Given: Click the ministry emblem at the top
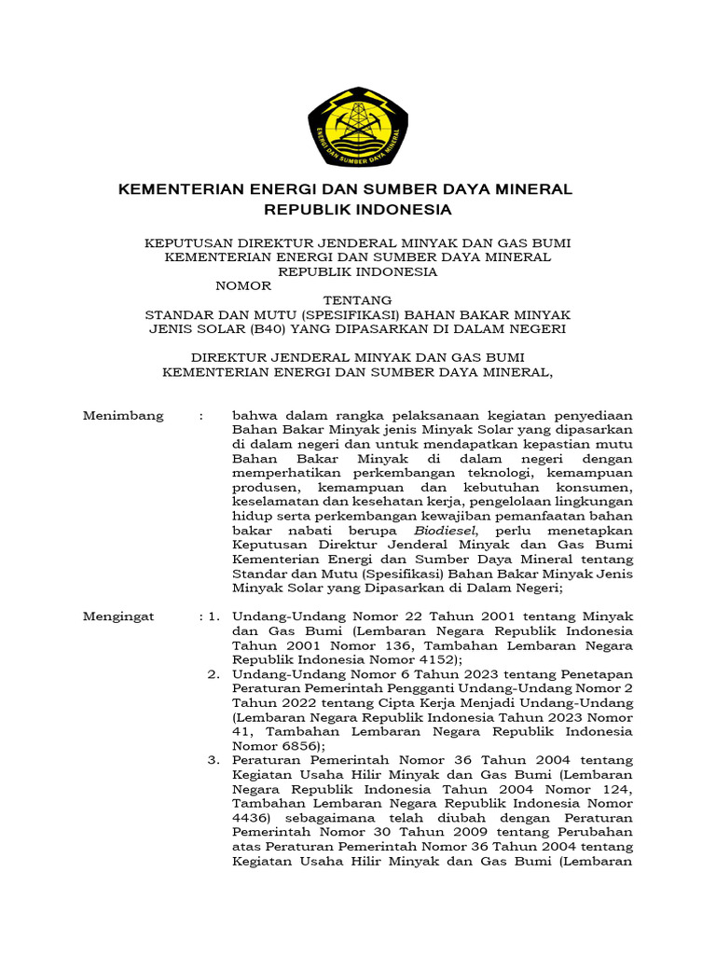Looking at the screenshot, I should [x=358, y=126].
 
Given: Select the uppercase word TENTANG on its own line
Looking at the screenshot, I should [x=357, y=300].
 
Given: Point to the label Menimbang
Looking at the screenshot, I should [x=123, y=416].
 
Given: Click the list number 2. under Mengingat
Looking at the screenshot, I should [x=213, y=674].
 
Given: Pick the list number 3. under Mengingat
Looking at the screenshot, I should [x=213, y=761].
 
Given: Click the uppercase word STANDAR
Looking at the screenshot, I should [x=178, y=314].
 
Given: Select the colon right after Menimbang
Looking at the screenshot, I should [x=200, y=416].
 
